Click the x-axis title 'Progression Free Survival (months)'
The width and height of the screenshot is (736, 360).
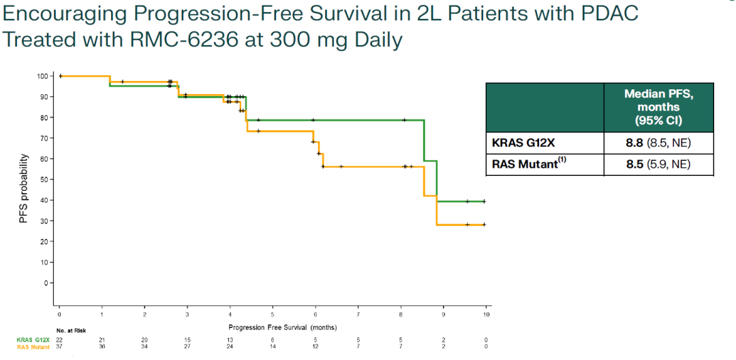point(273,327)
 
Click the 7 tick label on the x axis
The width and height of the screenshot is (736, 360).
point(358,315)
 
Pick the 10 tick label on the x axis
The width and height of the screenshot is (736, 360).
point(486,315)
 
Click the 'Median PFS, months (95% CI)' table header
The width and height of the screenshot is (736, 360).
point(658,107)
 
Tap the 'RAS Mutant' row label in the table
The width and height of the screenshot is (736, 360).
point(527,164)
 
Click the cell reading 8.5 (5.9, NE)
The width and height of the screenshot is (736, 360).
point(658,164)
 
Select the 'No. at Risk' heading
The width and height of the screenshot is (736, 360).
point(71,331)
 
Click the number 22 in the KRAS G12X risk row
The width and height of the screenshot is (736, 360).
point(59,339)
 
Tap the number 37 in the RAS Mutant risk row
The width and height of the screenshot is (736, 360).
point(59,346)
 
